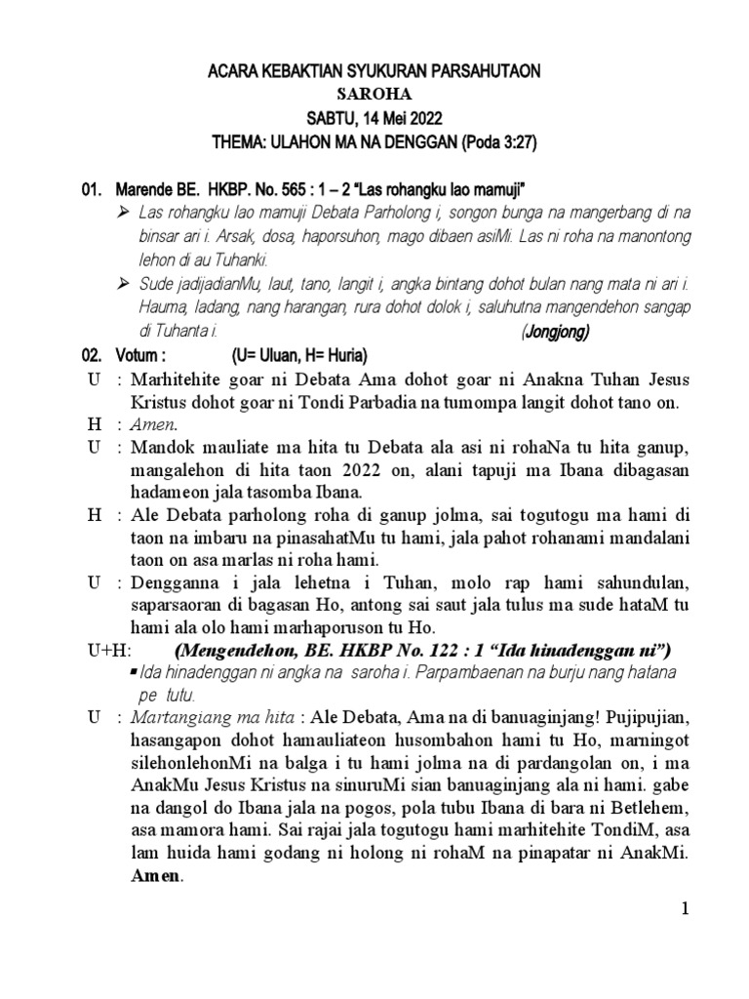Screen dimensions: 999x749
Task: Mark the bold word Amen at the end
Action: point(156,877)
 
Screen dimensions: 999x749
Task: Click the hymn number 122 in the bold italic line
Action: point(455,650)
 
